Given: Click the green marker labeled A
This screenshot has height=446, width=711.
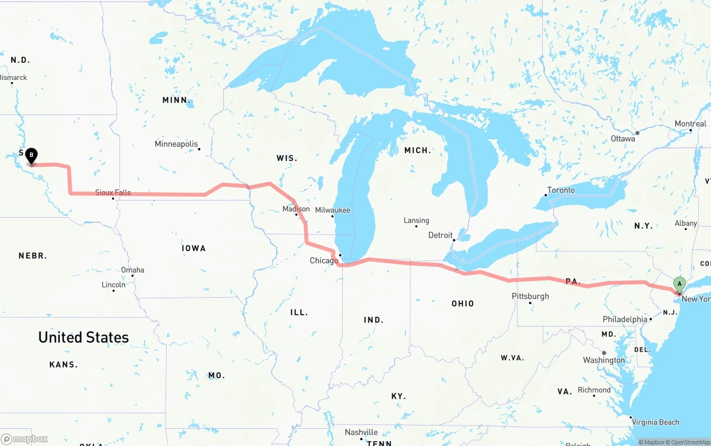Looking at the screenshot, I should point(679,284).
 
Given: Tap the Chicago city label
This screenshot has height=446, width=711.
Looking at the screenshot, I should point(324,260).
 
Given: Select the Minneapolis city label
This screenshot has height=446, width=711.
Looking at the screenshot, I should point(176,144).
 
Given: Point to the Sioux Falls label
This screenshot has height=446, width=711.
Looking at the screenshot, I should point(113,193).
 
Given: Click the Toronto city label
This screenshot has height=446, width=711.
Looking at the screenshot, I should point(561,190).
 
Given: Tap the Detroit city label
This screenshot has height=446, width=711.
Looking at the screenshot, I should point(440,235).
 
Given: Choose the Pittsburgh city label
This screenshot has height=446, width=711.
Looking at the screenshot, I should point(530,296).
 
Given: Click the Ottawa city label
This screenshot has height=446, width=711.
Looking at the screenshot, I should point(623,138).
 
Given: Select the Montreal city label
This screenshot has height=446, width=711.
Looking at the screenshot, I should point(690,124).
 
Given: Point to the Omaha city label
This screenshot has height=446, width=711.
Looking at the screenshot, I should point(133,270).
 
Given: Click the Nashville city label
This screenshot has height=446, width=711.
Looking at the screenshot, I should point(361,432).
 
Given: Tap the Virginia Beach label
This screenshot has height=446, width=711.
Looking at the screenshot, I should point(656,422).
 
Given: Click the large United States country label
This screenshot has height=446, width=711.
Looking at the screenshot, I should point(83,337).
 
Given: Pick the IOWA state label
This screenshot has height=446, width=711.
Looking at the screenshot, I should point(194,248).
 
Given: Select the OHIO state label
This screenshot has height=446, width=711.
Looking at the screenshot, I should point(463,304).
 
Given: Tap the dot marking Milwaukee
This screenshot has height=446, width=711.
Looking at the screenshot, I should point(333,216).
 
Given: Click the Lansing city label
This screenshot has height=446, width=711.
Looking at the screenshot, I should point(416,221).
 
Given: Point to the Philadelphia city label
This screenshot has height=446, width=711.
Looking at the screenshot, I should point(625,319).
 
